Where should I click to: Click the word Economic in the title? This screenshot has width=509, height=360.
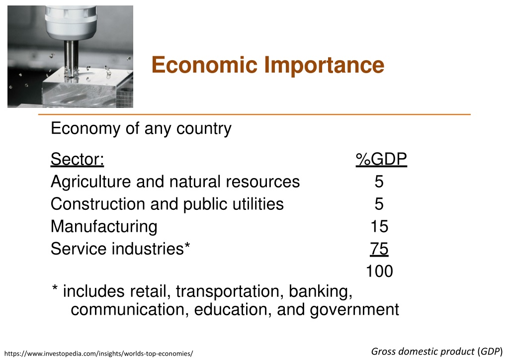click(204, 65)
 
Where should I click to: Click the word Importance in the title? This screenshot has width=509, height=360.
click(324, 65)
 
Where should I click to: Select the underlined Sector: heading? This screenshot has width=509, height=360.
click(77, 159)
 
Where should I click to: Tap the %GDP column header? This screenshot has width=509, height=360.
click(381, 159)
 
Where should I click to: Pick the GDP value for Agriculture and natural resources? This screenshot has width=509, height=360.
click(379, 181)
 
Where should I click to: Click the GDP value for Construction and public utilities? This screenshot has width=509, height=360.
click(379, 204)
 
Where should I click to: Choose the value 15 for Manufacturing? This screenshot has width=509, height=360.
click(379, 226)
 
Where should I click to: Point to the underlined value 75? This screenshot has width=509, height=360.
click(379, 249)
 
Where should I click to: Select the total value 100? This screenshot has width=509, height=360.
click(379, 271)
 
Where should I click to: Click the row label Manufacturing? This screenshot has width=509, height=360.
click(104, 227)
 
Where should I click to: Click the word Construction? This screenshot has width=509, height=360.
click(98, 204)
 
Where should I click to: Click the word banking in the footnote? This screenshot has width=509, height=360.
click(321, 291)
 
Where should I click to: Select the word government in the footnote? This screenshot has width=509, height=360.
click(354, 310)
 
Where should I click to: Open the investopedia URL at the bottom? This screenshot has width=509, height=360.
click(99, 354)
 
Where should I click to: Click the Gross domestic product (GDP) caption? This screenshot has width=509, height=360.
click(436, 352)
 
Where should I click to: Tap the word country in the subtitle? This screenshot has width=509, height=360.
click(204, 129)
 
